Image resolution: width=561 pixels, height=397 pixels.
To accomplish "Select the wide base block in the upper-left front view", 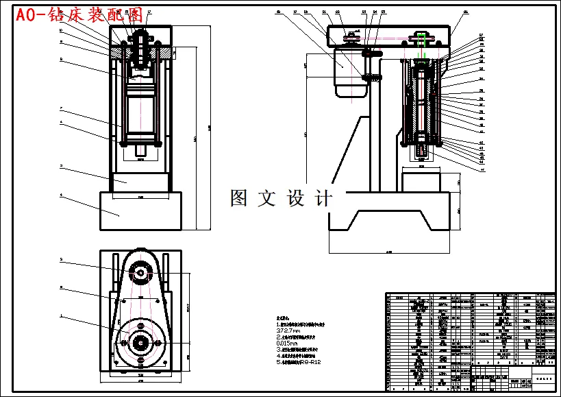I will coord(140,211).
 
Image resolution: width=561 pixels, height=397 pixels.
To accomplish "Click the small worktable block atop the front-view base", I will coord(140,182).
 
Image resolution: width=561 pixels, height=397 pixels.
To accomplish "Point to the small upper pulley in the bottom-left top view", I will coord(140,273).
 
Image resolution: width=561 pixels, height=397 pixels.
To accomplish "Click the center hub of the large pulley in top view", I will coord(140,341).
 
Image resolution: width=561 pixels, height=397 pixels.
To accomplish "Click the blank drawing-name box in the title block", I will coord(545,378).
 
